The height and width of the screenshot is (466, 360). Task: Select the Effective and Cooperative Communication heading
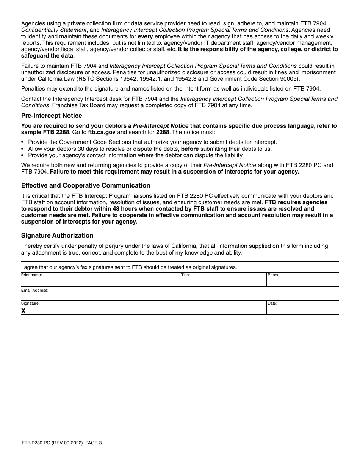(x=86, y=185)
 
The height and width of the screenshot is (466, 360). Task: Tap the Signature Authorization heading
(x=57, y=235)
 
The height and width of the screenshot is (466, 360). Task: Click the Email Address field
(x=180, y=295)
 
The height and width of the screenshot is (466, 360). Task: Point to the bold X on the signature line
(x=23, y=311)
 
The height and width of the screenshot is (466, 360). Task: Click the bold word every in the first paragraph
(x=145, y=36)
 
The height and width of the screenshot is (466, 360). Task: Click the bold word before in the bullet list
(x=190, y=149)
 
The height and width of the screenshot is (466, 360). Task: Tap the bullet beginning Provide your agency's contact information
(x=136, y=155)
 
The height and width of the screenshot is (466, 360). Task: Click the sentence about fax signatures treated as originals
(x=129, y=267)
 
